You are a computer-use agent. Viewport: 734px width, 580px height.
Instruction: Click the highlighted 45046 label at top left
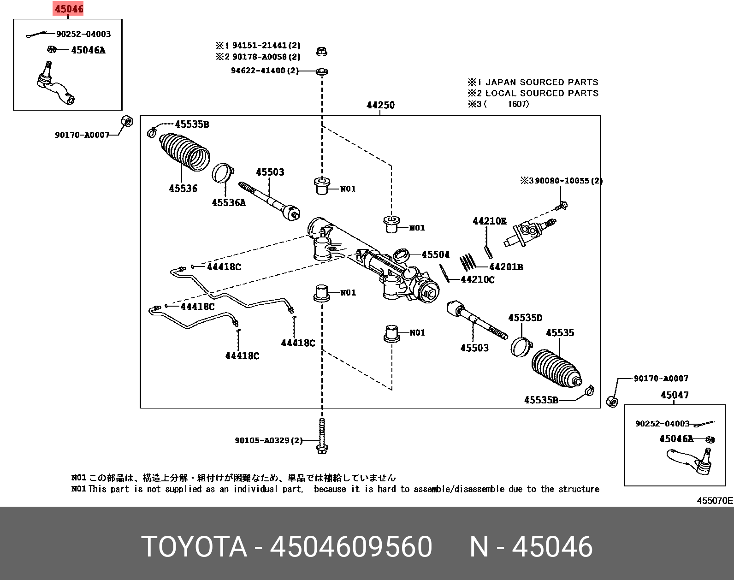[x=69, y=9]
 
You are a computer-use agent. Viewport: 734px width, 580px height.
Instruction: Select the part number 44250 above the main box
[x=380, y=105]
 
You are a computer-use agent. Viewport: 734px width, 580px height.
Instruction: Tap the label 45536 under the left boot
[x=183, y=188]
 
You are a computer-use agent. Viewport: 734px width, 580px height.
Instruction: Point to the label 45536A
[x=229, y=202]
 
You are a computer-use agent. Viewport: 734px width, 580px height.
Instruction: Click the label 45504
[x=435, y=254]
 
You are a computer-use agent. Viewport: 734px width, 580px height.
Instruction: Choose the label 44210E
[x=489, y=221]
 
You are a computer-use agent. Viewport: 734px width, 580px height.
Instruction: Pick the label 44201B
[x=506, y=266]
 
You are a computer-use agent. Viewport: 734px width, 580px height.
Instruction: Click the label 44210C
[x=478, y=279]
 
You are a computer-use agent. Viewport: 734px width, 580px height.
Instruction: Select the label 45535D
[x=525, y=318]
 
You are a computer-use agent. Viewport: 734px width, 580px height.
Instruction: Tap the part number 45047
[x=674, y=395]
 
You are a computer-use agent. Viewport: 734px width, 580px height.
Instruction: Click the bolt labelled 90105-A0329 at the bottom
[x=322, y=436]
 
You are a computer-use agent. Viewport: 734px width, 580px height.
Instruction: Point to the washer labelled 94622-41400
[x=322, y=71]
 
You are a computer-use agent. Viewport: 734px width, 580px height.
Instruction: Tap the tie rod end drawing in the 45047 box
[x=692, y=461]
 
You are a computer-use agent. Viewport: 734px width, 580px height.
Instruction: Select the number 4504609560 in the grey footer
[x=351, y=547]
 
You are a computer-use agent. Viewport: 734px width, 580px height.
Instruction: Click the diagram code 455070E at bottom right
[x=714, y=500]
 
